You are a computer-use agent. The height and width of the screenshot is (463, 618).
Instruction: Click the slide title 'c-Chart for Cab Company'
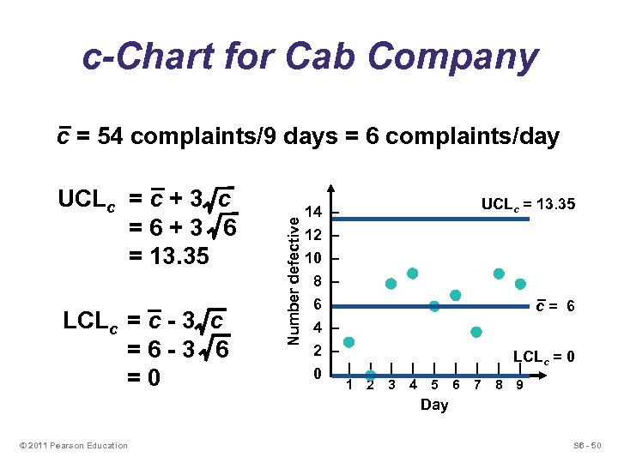(x=310, y=57)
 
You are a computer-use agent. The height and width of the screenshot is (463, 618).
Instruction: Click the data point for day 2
(x=371, y=375)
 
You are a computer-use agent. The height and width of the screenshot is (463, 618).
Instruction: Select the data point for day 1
(x=348, y=342)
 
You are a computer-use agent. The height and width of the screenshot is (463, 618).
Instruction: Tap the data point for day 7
(x=476, y=332)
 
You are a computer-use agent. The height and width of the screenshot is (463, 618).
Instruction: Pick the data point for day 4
(x=413, y=274)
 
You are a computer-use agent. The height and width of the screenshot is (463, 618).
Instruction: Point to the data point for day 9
(x=520, y=284)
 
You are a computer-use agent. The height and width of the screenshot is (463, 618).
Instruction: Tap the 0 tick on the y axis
(x=317, y=374)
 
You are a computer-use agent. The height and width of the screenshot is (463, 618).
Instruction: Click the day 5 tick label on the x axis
(x=434, y=384)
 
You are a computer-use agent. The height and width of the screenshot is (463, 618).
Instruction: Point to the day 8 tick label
(x=499, y=384)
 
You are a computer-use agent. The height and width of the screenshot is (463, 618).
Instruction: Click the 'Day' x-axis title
(x=434, y=405)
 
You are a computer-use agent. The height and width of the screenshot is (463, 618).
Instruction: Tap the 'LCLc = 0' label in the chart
(x=543, y=357)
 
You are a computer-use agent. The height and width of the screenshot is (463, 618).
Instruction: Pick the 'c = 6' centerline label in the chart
(x=555, y=306)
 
